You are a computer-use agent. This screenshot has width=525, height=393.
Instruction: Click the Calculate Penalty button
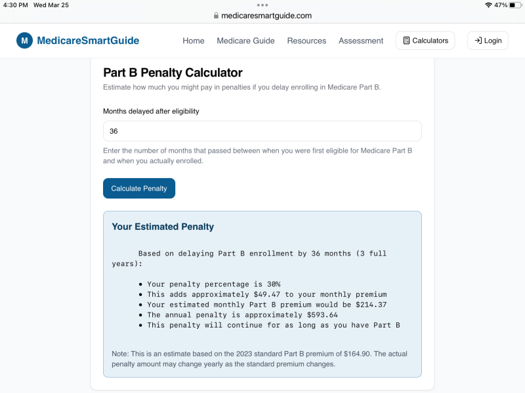[x=139, y=189]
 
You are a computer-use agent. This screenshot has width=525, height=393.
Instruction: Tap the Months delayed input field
[x=262, y=131]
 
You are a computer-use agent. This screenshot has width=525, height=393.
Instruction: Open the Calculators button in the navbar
[x=425, y=41]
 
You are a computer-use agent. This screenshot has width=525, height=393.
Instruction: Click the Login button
[x=488, y=41]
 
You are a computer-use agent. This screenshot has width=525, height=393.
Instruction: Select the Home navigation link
[x=194, y=41]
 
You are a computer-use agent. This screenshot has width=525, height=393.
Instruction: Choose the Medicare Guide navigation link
[x=246, y=41]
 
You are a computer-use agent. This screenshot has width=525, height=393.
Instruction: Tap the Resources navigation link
[x=306, y=41]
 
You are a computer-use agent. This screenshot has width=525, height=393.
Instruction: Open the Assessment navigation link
[x=361, y=41]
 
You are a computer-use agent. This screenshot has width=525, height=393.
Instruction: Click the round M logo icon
[x=24, y=41]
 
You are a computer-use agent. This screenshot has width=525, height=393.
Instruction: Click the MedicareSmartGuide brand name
[x=88, y=41]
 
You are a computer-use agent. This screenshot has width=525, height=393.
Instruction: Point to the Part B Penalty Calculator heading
[x=173, y=73]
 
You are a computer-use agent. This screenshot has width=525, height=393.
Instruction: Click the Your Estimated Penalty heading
[x=163, y=227]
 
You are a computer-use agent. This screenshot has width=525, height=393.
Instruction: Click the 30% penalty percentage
[x=271, y=284]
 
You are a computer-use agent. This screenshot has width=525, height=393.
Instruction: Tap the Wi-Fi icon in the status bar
[x=488, y=5]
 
